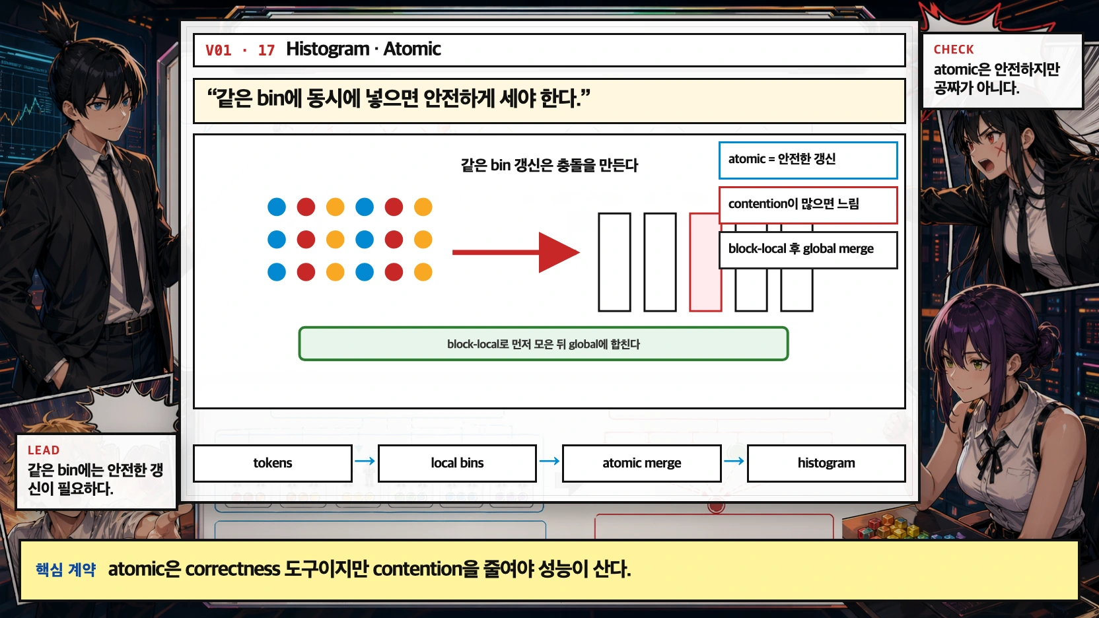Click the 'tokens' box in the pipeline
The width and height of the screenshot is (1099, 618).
click(x=273, y=463)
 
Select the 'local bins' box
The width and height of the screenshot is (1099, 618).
click(x=457, y=463)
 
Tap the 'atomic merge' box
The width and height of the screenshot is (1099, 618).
click(x=642, y=463)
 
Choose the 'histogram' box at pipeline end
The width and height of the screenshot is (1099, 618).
click(x=826, y=463)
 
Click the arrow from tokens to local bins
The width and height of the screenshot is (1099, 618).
click(x=365, y=461)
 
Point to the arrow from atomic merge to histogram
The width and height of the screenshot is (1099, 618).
click(x=734, y=461)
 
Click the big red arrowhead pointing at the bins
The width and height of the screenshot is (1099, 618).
click(x=559, y=253)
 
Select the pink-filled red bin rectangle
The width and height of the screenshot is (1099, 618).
click(x=705, y=262)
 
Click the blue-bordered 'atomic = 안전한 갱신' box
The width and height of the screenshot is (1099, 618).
click(x=808, y=160)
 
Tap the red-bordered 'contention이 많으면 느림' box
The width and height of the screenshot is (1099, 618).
click(x=808, y=205)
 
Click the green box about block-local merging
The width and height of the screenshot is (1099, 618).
click(x=544, y=344)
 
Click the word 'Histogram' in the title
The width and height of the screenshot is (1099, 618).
click(x=328, y=49)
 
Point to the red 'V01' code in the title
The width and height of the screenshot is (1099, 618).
click(x=219, y=50)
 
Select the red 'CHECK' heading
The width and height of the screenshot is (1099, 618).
click(x=953, y=50)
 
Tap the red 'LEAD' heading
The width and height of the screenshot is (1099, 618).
click(x=43, y=450)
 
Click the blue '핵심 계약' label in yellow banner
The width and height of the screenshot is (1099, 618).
click(x=66, y=569)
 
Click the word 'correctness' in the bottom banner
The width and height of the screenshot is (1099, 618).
click(x=232, y=569)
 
